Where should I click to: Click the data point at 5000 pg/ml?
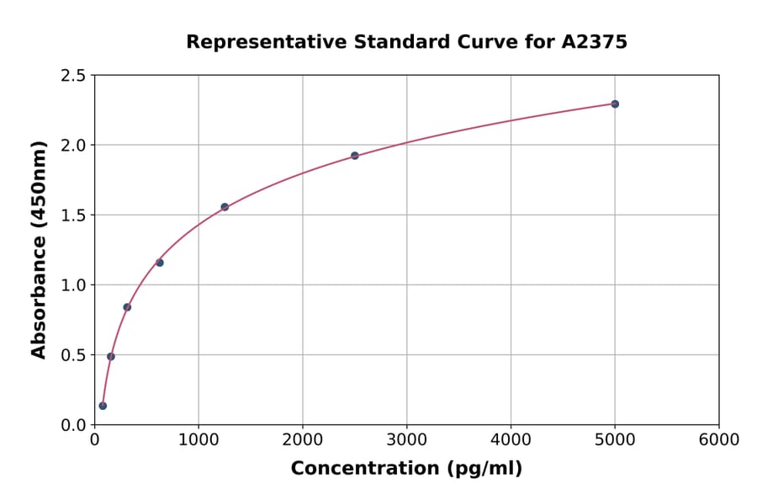tap(615, 104)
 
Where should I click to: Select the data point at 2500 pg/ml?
tap(355, 156)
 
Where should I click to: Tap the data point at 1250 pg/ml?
tap(225, 207)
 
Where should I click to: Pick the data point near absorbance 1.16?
tap(160, 263)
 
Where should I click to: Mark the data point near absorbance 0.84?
tap(127, 307)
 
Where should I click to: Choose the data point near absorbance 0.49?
tap(111, 357)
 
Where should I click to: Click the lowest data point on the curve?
tap(103, 406)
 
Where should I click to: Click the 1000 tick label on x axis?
tap(199, 440)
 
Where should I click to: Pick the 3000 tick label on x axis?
tap(407, 440)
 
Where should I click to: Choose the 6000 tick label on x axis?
tap(719, 440)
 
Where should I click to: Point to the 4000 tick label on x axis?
tap(511, 440)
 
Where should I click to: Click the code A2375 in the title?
tap(594, 42)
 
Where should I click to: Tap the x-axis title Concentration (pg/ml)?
tap(406, 469)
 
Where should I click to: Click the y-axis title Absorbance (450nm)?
tap(39, 250)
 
